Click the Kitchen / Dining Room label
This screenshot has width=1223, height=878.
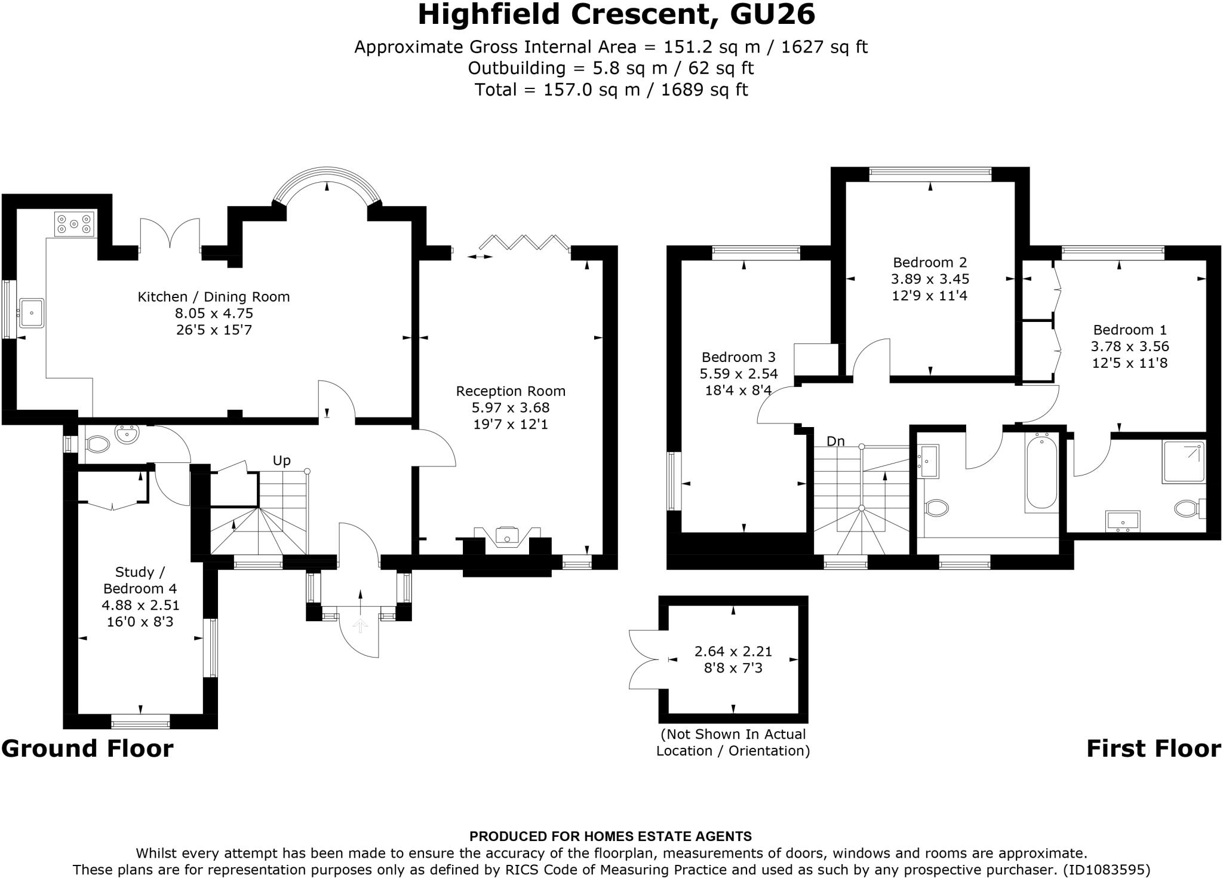click(x=214, y=297)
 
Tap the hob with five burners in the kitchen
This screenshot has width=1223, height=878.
click(x=74, y=225)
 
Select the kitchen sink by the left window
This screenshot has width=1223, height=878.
click(x=31, y=313)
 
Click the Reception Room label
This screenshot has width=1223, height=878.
click(x=511, y=391)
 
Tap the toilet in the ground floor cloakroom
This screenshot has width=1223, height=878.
click(x=97, y=444)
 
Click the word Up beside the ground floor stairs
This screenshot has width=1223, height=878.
click(x=281, y=461)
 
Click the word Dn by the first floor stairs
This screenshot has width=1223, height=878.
click(x=835, y=441)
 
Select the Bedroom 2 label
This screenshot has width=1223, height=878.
click(x=930, y=262)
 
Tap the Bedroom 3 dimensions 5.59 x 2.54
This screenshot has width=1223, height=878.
click(x=739, y=374)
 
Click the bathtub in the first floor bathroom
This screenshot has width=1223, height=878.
click(x=1042, y=472)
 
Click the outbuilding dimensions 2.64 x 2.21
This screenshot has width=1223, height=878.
click(x=733, y=651)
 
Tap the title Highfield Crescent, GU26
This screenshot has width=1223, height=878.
click(x=616, y=15)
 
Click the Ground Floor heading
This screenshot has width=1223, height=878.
click(x=87, y=748)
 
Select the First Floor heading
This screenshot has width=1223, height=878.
click(x=1153, y=748)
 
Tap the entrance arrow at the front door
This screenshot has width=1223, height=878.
click(x=360, y=626)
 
